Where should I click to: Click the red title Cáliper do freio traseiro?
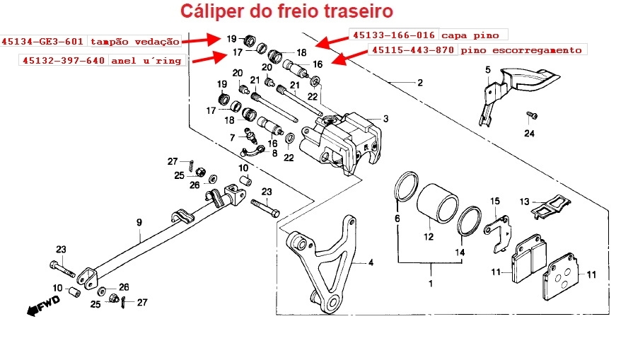click(286, 12)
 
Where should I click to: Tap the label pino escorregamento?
click(521, 50)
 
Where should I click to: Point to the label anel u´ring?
click(146, 61)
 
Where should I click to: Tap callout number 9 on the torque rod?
click(139, 222)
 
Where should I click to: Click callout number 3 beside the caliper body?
click(386, 119)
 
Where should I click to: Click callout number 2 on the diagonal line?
click(419, 83)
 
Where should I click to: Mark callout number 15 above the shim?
click(495, 202)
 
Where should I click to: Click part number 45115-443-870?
click(413, 50)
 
